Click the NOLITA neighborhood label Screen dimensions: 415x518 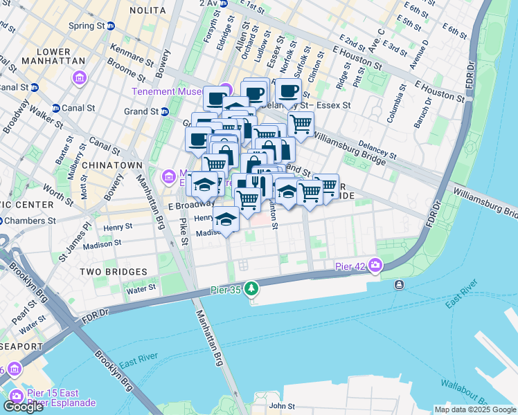tap(147, 10)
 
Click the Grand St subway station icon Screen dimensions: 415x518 tap(165, 111)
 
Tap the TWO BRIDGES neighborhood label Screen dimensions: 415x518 tap(113, 272)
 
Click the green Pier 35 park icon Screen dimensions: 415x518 tap(252, 288)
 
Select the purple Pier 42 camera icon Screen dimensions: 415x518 tap(375, 264)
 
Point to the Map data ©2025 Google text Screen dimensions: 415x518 tap(475, 409)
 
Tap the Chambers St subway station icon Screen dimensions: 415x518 tap(2, 221)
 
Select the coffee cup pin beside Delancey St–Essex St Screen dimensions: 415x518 tap(288, 90)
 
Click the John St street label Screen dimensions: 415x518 tap(283, 406)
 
